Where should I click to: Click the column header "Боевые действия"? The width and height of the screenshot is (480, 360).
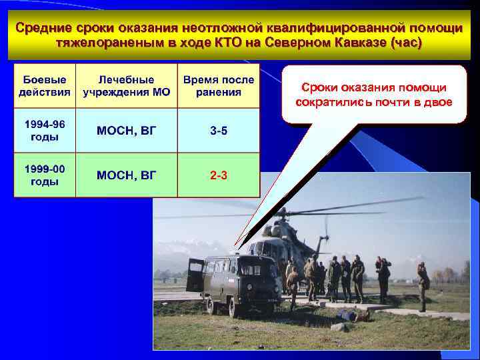click(x=45, y=86)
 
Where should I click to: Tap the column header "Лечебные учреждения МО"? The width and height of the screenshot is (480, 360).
click(x=126, y=86)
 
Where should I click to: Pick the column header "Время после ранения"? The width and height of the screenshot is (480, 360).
click(x=218, y=86)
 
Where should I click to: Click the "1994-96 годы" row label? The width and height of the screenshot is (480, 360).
click(x=45, y=131)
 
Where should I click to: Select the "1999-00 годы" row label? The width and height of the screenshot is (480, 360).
click(x=45, y=175)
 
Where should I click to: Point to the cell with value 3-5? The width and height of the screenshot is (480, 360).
click(x=218, y=131)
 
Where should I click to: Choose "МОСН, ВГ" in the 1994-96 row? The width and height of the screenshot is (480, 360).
click(x=126, y=131)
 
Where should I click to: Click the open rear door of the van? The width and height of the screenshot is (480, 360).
click(x=195, y=275)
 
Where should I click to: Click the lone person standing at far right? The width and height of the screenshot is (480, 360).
click(x=423, y=285)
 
